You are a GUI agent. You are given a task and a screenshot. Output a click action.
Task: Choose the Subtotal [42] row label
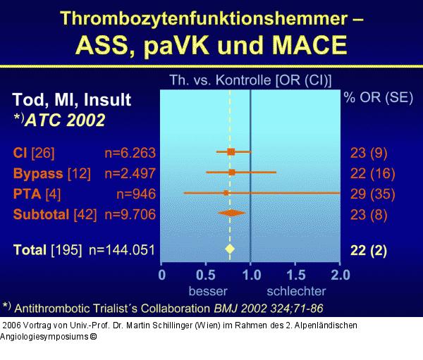click(x=56, y=213)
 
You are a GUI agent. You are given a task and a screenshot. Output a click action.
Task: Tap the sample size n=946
click(x=137, y=193)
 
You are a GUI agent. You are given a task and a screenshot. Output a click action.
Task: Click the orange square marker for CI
click(x=231, y=151)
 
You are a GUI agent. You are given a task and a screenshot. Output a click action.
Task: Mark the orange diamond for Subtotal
click(x=231, y=212)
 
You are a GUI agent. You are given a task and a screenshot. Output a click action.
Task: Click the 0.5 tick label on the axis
click(x=206, y=275)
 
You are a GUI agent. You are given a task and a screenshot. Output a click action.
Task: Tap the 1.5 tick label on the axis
click(x=295, y=275)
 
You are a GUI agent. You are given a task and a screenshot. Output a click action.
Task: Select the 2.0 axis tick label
click(x=340, y=275)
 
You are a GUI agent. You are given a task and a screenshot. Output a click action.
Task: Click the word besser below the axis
click(x=207, y=290)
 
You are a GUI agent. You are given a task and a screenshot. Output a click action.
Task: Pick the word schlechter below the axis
click(x=295, y=290)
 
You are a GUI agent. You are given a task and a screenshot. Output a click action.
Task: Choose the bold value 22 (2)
click(x=369, y=249)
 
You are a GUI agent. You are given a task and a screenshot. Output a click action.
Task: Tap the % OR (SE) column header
click(x=379, y=98)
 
